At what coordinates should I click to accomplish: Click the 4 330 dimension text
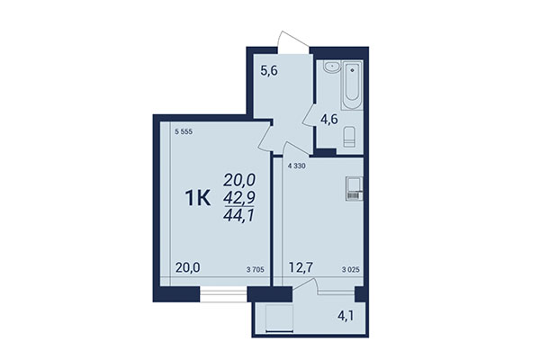(298, 167)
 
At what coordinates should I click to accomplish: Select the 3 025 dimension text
(354, 267)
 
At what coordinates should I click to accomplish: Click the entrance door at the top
(291, 39)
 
